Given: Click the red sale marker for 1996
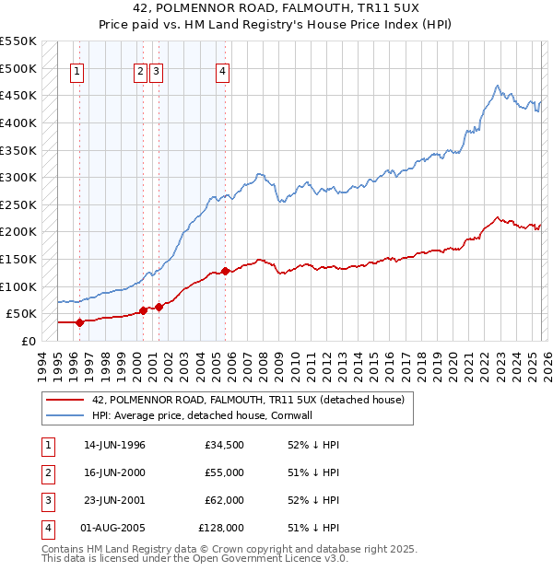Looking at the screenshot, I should pos(79,322).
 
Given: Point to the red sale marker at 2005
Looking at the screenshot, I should pos(225,272).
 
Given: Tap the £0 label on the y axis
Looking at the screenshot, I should pos(28,341).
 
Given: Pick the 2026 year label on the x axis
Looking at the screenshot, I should pos(546,365).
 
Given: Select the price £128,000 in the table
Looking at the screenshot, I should pos(221,528).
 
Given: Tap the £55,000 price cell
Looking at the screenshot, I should pos(224,472).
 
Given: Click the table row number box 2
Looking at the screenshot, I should pos(45,472).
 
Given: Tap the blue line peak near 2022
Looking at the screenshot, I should pos(497,87).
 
